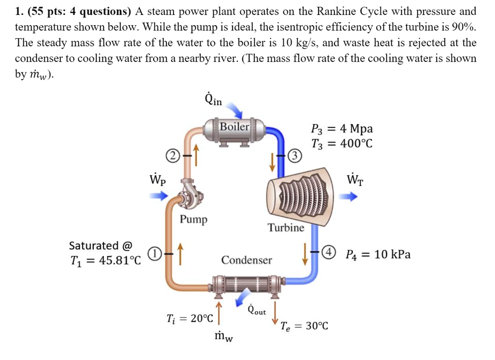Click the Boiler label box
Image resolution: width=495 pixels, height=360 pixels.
point(234,127)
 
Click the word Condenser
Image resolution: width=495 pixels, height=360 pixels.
point(247,260)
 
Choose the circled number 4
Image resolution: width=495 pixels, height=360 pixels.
point(329,253)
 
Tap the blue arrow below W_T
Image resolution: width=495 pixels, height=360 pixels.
point(348,197)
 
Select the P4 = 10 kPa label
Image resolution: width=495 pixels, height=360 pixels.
point(378,255)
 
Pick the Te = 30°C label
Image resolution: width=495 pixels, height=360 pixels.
point(305,326)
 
